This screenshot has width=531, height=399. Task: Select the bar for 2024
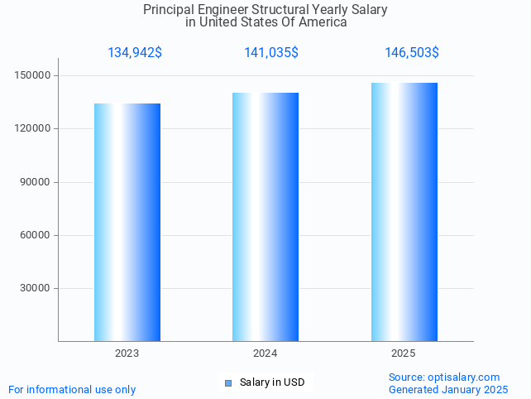pyautogui.click(x=265, y=217)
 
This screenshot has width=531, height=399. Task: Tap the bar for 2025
pyautogui.click(x=404, y=212)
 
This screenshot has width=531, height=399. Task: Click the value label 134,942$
pyautogui.click(x=135, y=53)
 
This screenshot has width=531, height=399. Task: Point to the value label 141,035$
pyautogui.click(x=271, y=53)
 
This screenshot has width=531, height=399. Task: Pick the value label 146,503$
pyautogui.click(x=412, y=53)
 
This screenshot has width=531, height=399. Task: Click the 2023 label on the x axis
pyautogui.click(x=127, y=353)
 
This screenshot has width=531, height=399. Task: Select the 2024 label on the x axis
pyautogui.click(x=265, y=353)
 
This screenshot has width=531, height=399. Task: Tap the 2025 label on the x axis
pyautogui.click(x=404, y=353)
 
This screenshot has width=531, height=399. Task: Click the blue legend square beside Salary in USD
pyautogui.click(x=228, y=382)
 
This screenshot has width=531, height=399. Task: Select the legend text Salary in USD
pyautogui.click(x=272, y=382)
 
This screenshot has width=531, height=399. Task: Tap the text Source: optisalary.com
pyautogui.click(x=444, y=377)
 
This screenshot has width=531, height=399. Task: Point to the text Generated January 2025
pyautogui.click(x=448, y=390)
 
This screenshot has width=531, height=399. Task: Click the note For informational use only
pyautogui.click(x=72, y=390)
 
